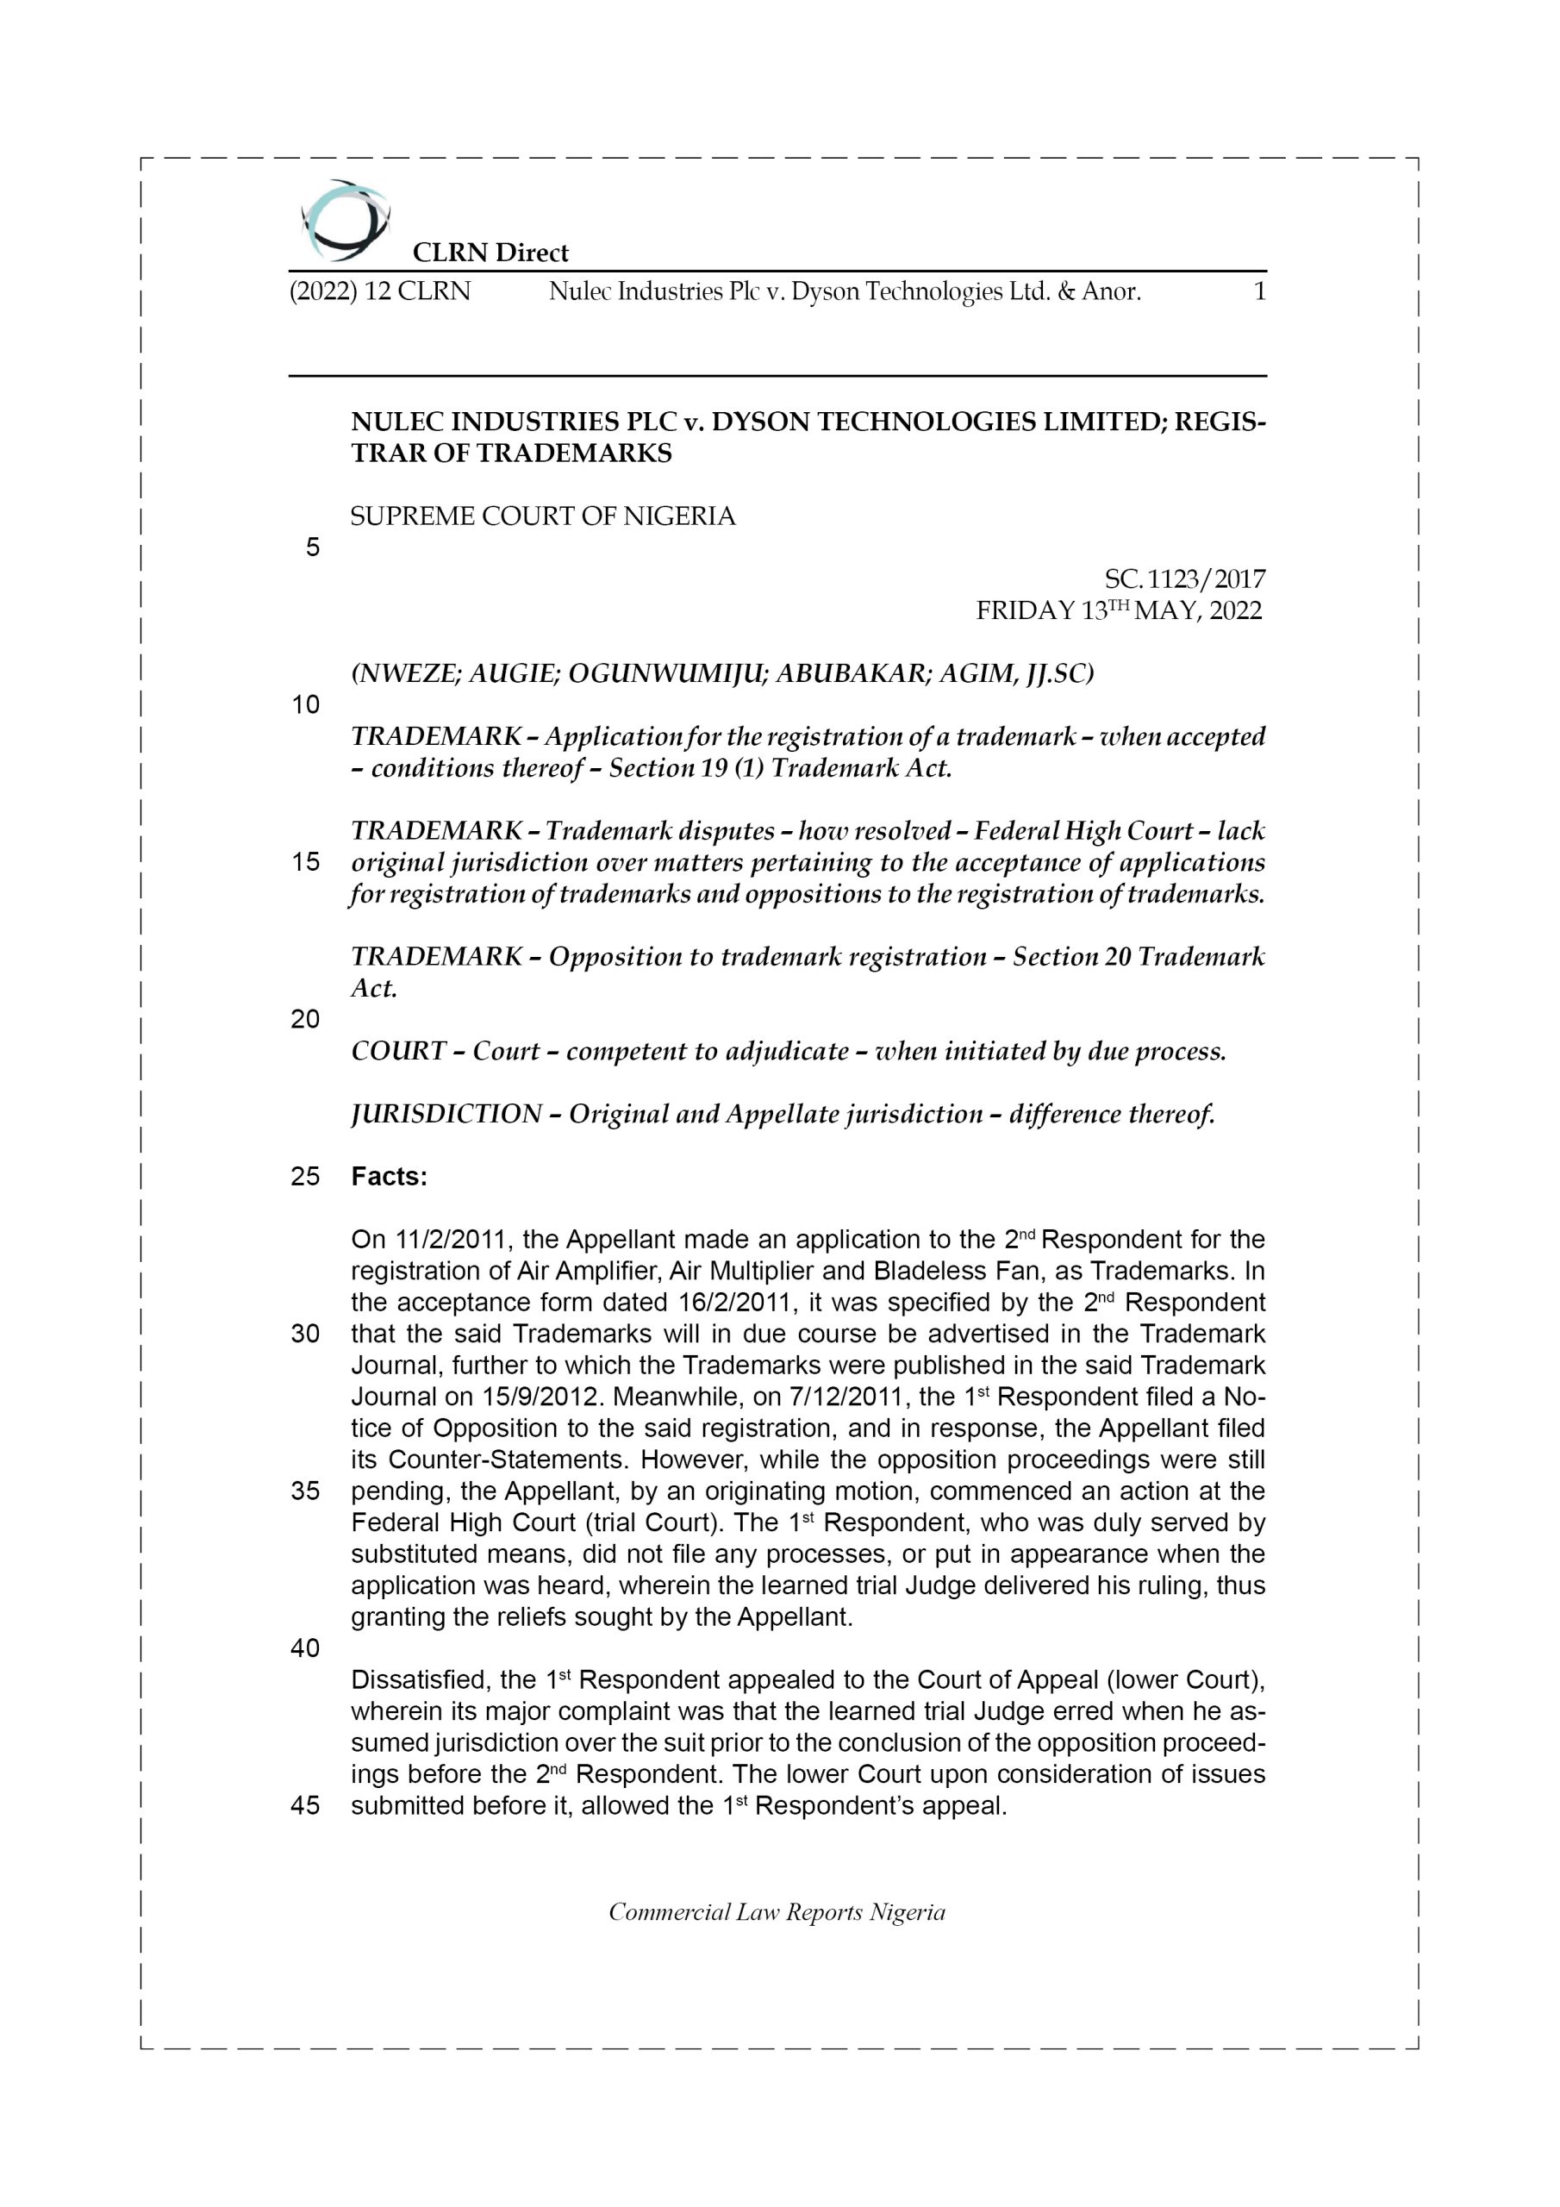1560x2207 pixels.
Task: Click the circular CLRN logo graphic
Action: pyautogui.click(x=345, y=220)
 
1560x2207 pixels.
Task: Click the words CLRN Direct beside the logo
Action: pyautogui.click(x=490, y=253)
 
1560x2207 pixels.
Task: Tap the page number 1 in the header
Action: pyautogui.click(x=1260, y=291)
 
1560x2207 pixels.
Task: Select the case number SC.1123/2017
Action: pyautogui.click(x=1184, y=578)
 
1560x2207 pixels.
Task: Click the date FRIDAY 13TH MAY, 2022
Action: pyautogui.click(x=1119, y=610)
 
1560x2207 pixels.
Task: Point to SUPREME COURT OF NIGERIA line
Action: pyautogui.click(x=543, y=517)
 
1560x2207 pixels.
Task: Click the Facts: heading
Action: pyautogui.click(x=390, y=1177)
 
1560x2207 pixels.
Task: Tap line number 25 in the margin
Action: pyautogui.click(x=305, y=1177)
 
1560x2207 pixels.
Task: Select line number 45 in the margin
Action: pyautogui.click(x=305, y=1806)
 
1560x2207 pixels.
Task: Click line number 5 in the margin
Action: pyautogui.click(x=312, y=548)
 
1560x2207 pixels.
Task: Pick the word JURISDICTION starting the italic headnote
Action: pyautogui.click(x=445, y=1114)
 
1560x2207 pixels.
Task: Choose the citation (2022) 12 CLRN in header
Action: pyautogui.click(x=381, y=291)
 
